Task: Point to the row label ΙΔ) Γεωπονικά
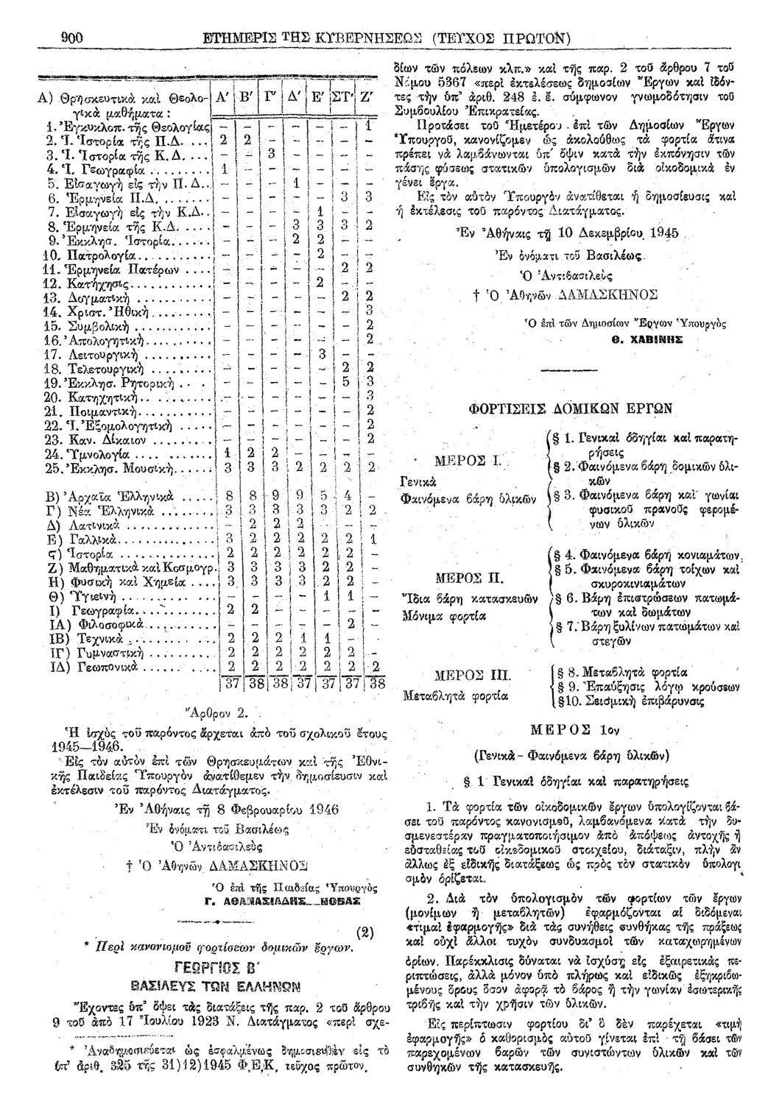102,668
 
